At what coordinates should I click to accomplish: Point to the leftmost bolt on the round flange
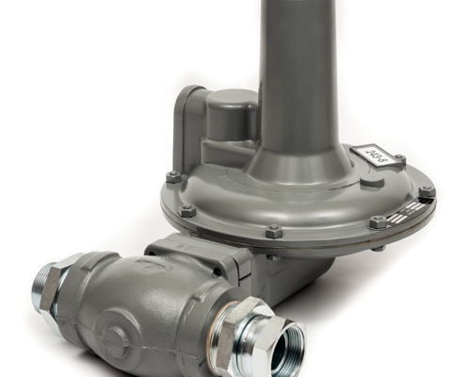(173, 177)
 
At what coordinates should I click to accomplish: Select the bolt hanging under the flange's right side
(378, 247)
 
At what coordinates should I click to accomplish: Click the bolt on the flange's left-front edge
(188, 210)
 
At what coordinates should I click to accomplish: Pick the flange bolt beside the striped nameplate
(379, 222)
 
